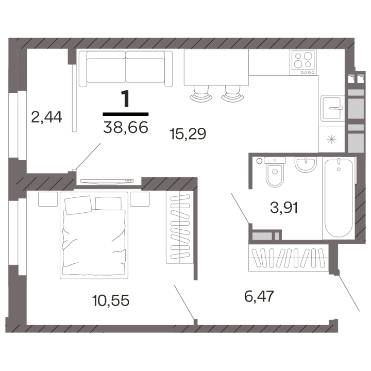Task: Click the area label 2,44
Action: point(46,117)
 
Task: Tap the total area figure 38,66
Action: point(125,125)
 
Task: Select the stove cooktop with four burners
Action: point(304,62)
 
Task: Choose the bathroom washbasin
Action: point(306,165)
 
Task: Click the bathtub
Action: point(339,198)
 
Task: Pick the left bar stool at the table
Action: point(200,95)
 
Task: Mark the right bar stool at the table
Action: point(232,95)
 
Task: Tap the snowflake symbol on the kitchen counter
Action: point(332,138)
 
